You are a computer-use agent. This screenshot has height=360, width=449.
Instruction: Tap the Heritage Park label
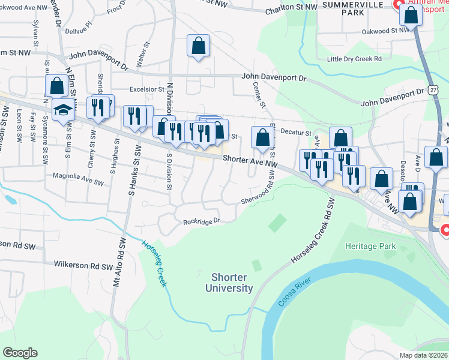(370, 246)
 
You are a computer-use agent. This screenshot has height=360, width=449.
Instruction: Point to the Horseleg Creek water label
(154, 263)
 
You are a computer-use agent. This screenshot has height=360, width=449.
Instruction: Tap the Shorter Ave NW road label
(250, 161)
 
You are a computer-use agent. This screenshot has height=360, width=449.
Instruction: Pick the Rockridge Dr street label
(202, 221)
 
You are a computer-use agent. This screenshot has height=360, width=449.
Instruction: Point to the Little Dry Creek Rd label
(354, 59)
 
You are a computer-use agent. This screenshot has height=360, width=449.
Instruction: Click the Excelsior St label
(147, 89)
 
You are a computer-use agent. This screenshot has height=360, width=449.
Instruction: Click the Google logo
(20, 353)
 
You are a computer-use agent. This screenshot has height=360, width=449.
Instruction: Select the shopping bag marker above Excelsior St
(199, 46)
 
